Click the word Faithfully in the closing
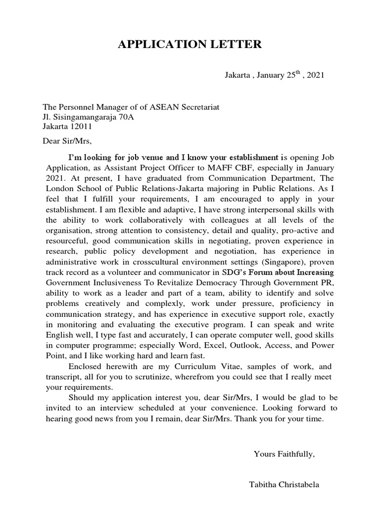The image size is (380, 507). [x=294, y=454]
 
